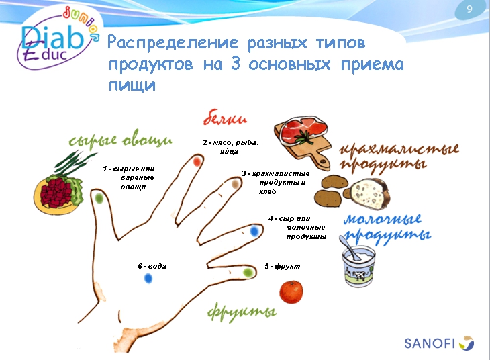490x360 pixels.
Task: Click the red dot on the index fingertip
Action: click(x=197, y=162)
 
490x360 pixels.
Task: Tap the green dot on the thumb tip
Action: click(x=99, y=199)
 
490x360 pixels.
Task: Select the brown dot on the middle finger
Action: click(x=235, y=183)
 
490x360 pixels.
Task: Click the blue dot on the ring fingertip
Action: click(x=254, y=231)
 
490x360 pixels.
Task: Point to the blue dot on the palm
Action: click(x=147, y=279)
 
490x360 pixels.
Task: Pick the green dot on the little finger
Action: click(x=248, y=272)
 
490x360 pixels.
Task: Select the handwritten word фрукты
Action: click(x=242, y=312)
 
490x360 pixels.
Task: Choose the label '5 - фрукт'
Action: click(x=282, y=266)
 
